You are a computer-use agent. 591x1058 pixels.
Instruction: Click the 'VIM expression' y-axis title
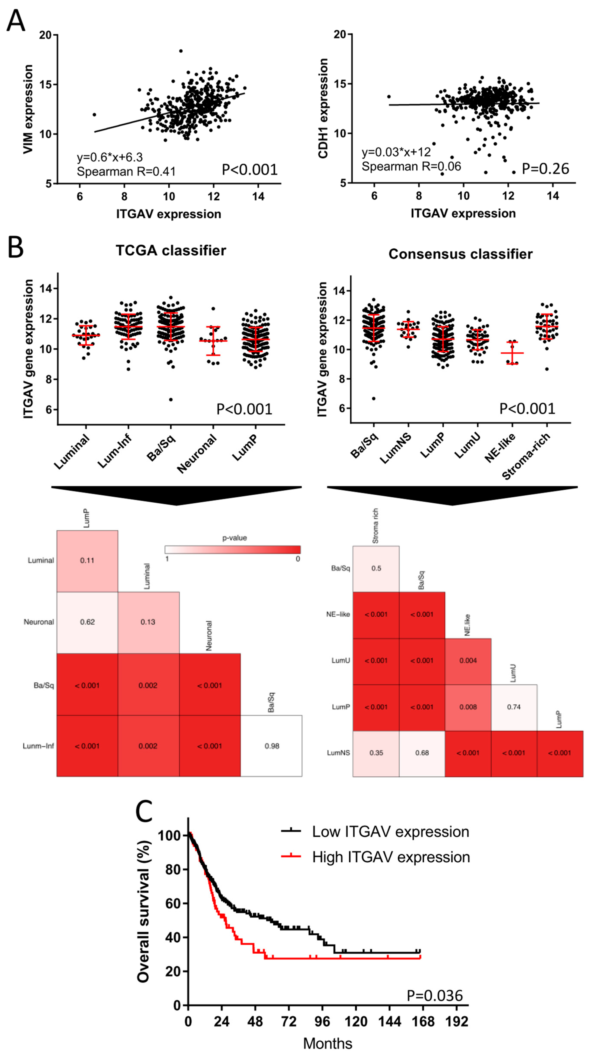[x=28, y=109]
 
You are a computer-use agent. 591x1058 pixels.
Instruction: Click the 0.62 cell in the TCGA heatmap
[x=87, y=622]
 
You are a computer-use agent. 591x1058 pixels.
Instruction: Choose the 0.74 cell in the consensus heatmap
[x=514, y=707]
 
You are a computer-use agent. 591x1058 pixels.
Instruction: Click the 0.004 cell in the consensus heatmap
[x=468, y=660]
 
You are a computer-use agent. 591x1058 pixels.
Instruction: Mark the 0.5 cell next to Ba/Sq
[x=376, y=568]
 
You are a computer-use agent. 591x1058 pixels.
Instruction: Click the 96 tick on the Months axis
[x=322, y=1022]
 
